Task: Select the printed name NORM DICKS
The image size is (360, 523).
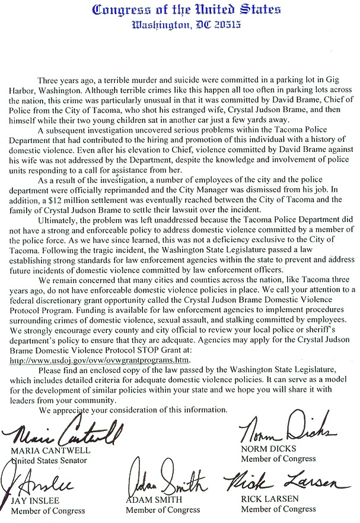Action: [x=267, y=449]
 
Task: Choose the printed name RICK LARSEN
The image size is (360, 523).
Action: [x=268, y=500]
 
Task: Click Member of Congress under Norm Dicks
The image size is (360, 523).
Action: [x=278, y=458]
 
